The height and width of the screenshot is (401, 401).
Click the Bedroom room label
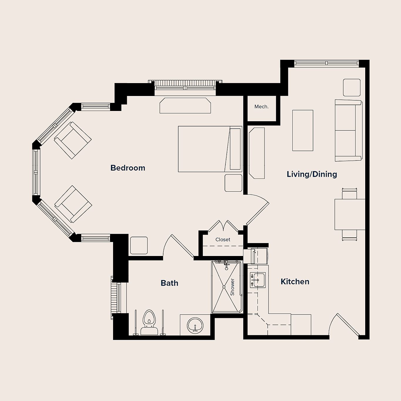coord(128,168)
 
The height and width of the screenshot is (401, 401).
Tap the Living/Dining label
coord(312,174)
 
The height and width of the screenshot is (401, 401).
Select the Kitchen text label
coord(295,282)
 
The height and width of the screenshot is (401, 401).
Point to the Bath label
coord(169,283)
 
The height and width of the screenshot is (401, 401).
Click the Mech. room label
coord(261,107)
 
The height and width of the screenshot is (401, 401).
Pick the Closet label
coord(223,240)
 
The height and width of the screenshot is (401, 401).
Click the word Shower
coord(232,287)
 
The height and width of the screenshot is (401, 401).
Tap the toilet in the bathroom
coord(149,322)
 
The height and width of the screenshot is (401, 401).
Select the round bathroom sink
coord(195,325)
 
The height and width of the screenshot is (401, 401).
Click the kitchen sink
coord(257,280)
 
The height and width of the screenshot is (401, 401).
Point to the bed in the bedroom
coord(210,149)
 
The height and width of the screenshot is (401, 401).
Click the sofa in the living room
coord(348,130)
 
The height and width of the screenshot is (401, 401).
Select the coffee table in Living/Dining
coord(303,130)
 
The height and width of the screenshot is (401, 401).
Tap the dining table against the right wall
coord(350,214)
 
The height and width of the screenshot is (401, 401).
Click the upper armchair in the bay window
coord(73,140)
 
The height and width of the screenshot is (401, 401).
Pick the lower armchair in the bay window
coord(73,204)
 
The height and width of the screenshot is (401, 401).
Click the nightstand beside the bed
coord(233,183)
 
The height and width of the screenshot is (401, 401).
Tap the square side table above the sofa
coord(352,87)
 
